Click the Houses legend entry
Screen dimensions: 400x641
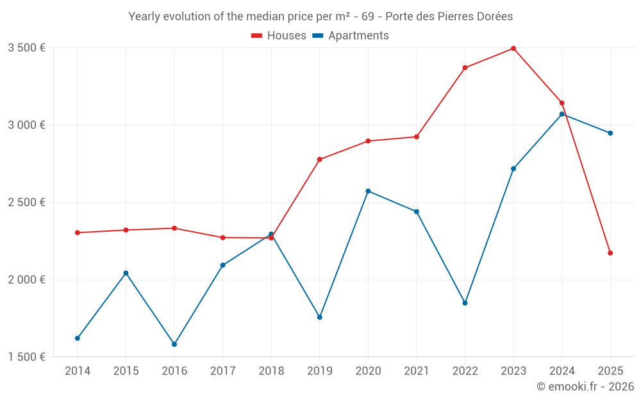(279, 36)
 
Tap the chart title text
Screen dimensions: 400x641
(320, 17)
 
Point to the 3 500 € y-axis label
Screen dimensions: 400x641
(26, 48)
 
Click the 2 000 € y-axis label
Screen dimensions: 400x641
(26, 280)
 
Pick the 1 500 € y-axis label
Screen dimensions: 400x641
(26, 357)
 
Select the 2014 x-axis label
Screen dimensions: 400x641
(78, 371)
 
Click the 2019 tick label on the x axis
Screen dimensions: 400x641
(319, 371)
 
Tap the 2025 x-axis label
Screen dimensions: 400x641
(610, 371)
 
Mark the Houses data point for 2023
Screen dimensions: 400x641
(513, 48)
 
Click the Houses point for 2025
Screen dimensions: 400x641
(610, 253)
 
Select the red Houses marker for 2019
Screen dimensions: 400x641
(320, 159)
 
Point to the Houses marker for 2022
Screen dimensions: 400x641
(465, 68)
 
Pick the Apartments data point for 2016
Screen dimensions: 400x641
(174, 344)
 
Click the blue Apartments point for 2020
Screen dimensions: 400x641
(368, 191)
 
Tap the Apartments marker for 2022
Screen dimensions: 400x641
(465, 303)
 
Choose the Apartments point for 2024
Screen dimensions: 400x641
(562, 114)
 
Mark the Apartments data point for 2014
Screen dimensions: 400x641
(78, 338)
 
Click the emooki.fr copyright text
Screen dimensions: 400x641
(585, 387)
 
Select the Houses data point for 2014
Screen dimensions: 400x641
(78, 233)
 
